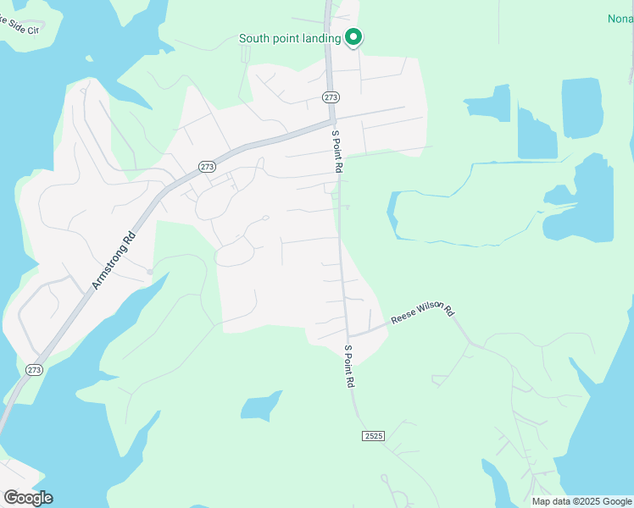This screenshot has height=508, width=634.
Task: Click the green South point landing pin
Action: pos(353,37)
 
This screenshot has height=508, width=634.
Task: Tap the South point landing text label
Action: pos(289,38)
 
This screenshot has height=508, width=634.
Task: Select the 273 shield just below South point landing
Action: pos(331,97)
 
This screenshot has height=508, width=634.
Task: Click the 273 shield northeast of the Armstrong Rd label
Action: pos(207,167)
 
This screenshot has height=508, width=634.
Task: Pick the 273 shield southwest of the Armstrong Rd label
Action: pos(33,370)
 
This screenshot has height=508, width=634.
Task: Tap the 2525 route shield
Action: pos(373,435)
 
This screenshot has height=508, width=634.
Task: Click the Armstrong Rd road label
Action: pos(113,262)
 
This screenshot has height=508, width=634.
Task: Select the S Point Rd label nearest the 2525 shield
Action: pos(349,366)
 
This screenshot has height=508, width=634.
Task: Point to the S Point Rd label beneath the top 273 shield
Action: pos(336,152)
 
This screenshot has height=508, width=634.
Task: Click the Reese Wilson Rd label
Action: pos(422,315)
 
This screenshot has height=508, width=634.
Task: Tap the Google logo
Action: pos(28,497)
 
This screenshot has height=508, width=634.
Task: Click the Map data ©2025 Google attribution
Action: pos(582,501)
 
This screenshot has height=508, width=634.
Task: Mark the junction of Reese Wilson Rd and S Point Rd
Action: pos(348,336)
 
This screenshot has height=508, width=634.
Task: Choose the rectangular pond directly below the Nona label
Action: pos(581,108)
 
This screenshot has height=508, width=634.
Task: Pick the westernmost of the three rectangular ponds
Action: pos(491,103)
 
